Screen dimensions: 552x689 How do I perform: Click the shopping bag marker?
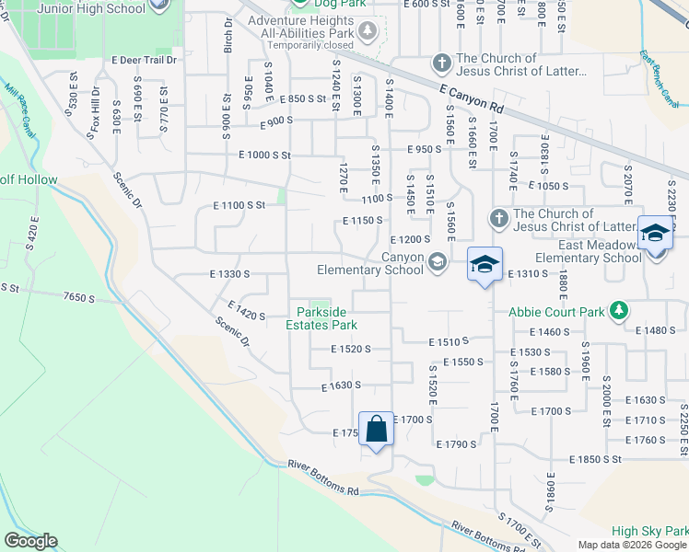[x=376, y=430]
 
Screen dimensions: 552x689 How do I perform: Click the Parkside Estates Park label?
[x=321, y=318]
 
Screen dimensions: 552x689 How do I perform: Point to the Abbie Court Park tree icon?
[x=622, y=310]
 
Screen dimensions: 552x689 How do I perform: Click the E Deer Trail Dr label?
[x=143, y=60]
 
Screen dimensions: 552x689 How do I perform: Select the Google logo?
[x=29, y=541]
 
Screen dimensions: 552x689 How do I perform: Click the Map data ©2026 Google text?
[x=631, y=545]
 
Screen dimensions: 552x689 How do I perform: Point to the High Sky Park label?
[x=648, y=531]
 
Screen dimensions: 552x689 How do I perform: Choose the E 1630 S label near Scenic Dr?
[x=341, y=386]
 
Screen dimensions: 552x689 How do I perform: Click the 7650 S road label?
[x=79, y=297]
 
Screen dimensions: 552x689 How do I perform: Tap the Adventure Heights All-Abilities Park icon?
[x=368, y=30]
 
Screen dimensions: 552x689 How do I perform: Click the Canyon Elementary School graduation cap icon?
[x=436, y=262]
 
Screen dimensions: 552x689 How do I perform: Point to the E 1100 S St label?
[x=239, y=205]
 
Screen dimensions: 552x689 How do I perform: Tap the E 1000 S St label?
[x=264, y=156]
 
